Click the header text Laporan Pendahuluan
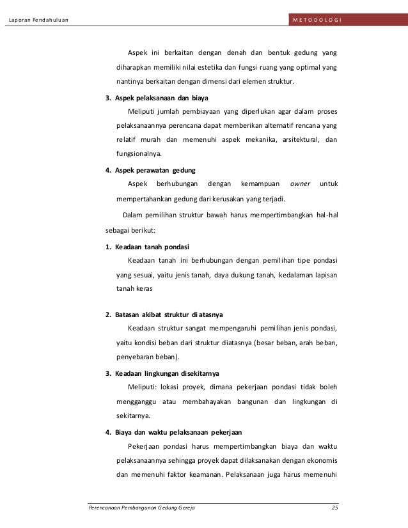click(x=38, y=19)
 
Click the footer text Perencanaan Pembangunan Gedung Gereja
click(x=141, y=508)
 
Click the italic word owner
click(x=300, y=184)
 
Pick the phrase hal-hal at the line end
click(x=326, y=214)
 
